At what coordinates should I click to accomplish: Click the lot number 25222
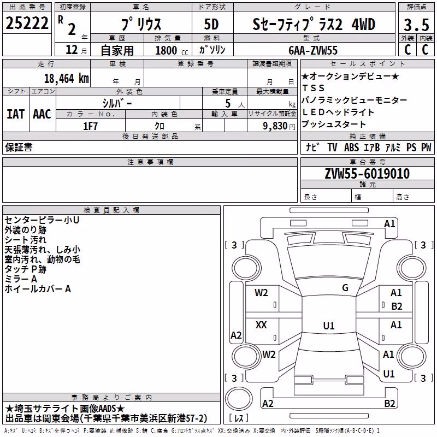pyautogui.click(x=27, y=23)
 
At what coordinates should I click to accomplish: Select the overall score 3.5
pyautogui.click(x=416, y=25)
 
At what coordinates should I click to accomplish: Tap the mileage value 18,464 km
pyautogui.click(x=67, y=79)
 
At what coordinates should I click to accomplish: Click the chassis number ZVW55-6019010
pyautogui.click(x=367, y=174)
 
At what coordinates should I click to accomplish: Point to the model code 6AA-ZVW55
pyautogui.click(x=313, y=50)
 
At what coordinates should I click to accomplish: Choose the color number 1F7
pyautogui.click(x=90, y=126)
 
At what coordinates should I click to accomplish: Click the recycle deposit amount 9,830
pyautogui.click(x=275, y=126)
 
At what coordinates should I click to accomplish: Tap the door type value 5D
pyautogui.click(x=211, y=24)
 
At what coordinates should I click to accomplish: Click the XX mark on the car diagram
pyautogui.click(x=261, y=324)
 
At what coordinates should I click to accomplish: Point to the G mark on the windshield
pyautogui.click(x=345, y=288)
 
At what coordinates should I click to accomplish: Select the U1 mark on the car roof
pyautogui.click(x=329, y=326)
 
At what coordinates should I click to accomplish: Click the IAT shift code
pyautogui.click(x=16, y=114)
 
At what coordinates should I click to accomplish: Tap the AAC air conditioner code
pyautogui.click(x=42, y=114)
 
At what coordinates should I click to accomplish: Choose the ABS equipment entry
pyautogui.click(x=351, y=147)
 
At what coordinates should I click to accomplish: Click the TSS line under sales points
pyautogui.click(x=314, y=88)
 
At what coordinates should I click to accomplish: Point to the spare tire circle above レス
pyautogui.click(x=239, y=399)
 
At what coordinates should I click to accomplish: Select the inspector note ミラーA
pyautogui.click(x=21, y=279)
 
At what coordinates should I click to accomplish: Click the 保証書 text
pyautogui.click(x=19, y=147)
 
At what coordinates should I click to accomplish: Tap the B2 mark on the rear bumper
pyautogui.click(x=389, y=403)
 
